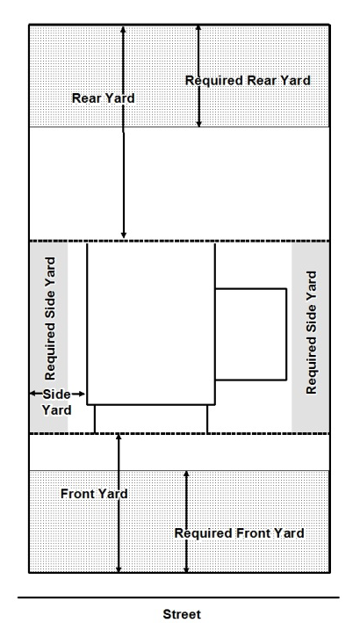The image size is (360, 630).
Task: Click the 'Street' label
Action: pos(182,614)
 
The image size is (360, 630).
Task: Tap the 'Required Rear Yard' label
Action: pos(248,81)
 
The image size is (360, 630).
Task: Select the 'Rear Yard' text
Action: pos(103,98)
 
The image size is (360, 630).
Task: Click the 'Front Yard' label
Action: pos(94,494)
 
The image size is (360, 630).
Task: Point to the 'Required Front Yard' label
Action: pos(239,533)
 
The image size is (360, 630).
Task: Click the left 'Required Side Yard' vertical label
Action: pos(50,319)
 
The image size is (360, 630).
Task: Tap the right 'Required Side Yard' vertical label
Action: pos(312,333)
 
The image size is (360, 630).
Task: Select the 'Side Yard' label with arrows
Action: pos(56,402)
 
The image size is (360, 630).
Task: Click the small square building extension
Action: pos(251,334)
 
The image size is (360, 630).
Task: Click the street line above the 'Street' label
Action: pos(178,597)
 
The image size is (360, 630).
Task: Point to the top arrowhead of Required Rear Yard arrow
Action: pos(198,28)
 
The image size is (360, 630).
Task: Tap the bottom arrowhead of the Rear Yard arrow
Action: pos(124,235)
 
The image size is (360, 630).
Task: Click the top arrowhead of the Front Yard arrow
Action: pos(119,438)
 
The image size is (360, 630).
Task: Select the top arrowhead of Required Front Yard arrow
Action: pos(186,474)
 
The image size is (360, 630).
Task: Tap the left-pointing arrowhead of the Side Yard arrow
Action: pos(33,395)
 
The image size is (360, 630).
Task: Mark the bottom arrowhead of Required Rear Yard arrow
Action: pos(198,123)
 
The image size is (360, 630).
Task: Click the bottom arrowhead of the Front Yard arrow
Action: pos(119,568)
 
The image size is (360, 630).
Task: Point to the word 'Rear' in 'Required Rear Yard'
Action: pos(262,81)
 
